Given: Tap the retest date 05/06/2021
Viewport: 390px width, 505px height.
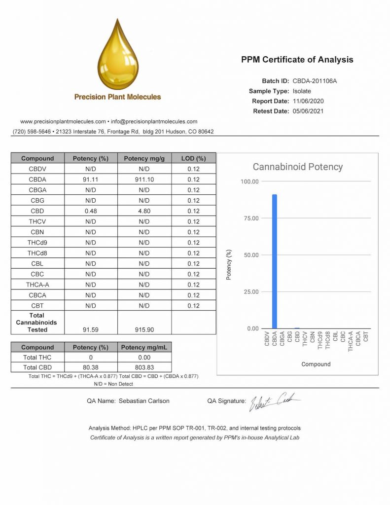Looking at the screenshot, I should tap(309, 111).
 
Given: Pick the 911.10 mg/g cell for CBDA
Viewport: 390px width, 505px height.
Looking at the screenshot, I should tap(144, 180).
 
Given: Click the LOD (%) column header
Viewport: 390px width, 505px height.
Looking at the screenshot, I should tap(193, 158).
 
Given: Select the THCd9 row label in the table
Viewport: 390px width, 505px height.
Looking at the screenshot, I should tap(37, 243).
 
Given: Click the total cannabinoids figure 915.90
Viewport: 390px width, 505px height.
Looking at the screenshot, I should tap(144, 329).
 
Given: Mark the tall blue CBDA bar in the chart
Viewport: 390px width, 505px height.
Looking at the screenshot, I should tap(275, 261).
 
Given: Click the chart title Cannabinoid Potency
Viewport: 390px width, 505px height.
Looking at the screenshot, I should tap(297, 167).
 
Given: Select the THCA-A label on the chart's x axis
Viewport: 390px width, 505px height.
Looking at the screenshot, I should tap(351, 341).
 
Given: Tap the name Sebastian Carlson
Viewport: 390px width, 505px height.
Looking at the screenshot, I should tap(144, 401).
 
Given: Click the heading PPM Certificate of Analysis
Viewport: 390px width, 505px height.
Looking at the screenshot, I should tap(297, 60).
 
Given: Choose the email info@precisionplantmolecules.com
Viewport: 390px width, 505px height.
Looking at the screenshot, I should tap(154, 121).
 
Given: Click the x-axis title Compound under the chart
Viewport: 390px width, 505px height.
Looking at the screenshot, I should tap(316, 364).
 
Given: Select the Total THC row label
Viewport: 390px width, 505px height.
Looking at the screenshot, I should tap(37, 357).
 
